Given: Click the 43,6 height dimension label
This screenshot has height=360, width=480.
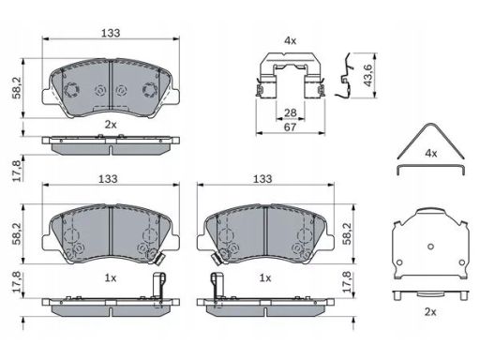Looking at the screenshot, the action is point(367,75).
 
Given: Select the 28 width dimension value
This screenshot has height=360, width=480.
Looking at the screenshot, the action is point(291,112).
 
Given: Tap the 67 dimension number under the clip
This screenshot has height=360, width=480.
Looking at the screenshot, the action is point(290,127).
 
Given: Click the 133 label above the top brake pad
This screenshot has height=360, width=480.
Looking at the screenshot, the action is point(111,33).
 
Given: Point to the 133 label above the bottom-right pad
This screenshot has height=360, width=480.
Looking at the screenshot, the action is point(262,179).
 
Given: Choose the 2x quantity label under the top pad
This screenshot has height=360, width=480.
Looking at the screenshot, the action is point(111,125).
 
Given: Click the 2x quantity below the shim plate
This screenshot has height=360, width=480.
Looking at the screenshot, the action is point(430,311).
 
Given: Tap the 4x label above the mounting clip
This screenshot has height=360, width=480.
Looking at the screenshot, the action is point(290,40).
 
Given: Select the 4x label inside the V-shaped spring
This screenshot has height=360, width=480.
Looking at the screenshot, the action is point(431,153).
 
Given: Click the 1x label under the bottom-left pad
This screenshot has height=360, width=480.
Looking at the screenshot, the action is point(111,277).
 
